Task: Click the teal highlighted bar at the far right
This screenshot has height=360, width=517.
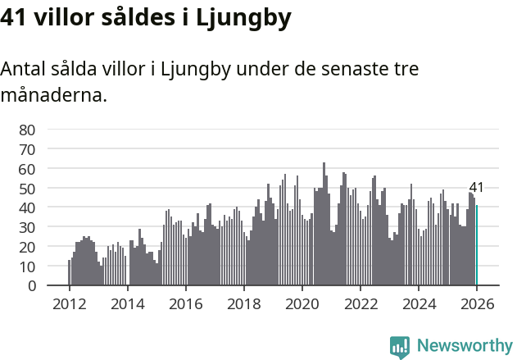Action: pos(476,245)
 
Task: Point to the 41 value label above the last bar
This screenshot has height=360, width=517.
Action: pos(476,188)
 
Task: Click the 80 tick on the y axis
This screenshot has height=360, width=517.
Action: pos(28,130)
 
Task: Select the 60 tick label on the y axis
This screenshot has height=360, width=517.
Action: pos(28,169)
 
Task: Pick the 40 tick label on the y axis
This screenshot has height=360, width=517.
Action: pos(28,207)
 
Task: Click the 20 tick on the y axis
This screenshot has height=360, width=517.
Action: pos(28,247)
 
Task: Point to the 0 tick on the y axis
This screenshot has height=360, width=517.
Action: pos(32,285)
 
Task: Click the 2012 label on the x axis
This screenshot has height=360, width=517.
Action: pos(69,303)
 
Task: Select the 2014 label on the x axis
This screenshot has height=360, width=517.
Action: pos(127,303)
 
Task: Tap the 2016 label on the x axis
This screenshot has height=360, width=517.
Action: pos(185,303)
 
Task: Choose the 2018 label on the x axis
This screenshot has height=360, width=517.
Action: pos(243,303)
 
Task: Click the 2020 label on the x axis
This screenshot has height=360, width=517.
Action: pos(302,303)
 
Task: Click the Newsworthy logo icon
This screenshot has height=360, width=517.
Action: pos(400,347)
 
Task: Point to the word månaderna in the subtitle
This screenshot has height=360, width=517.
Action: pos(53,95)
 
